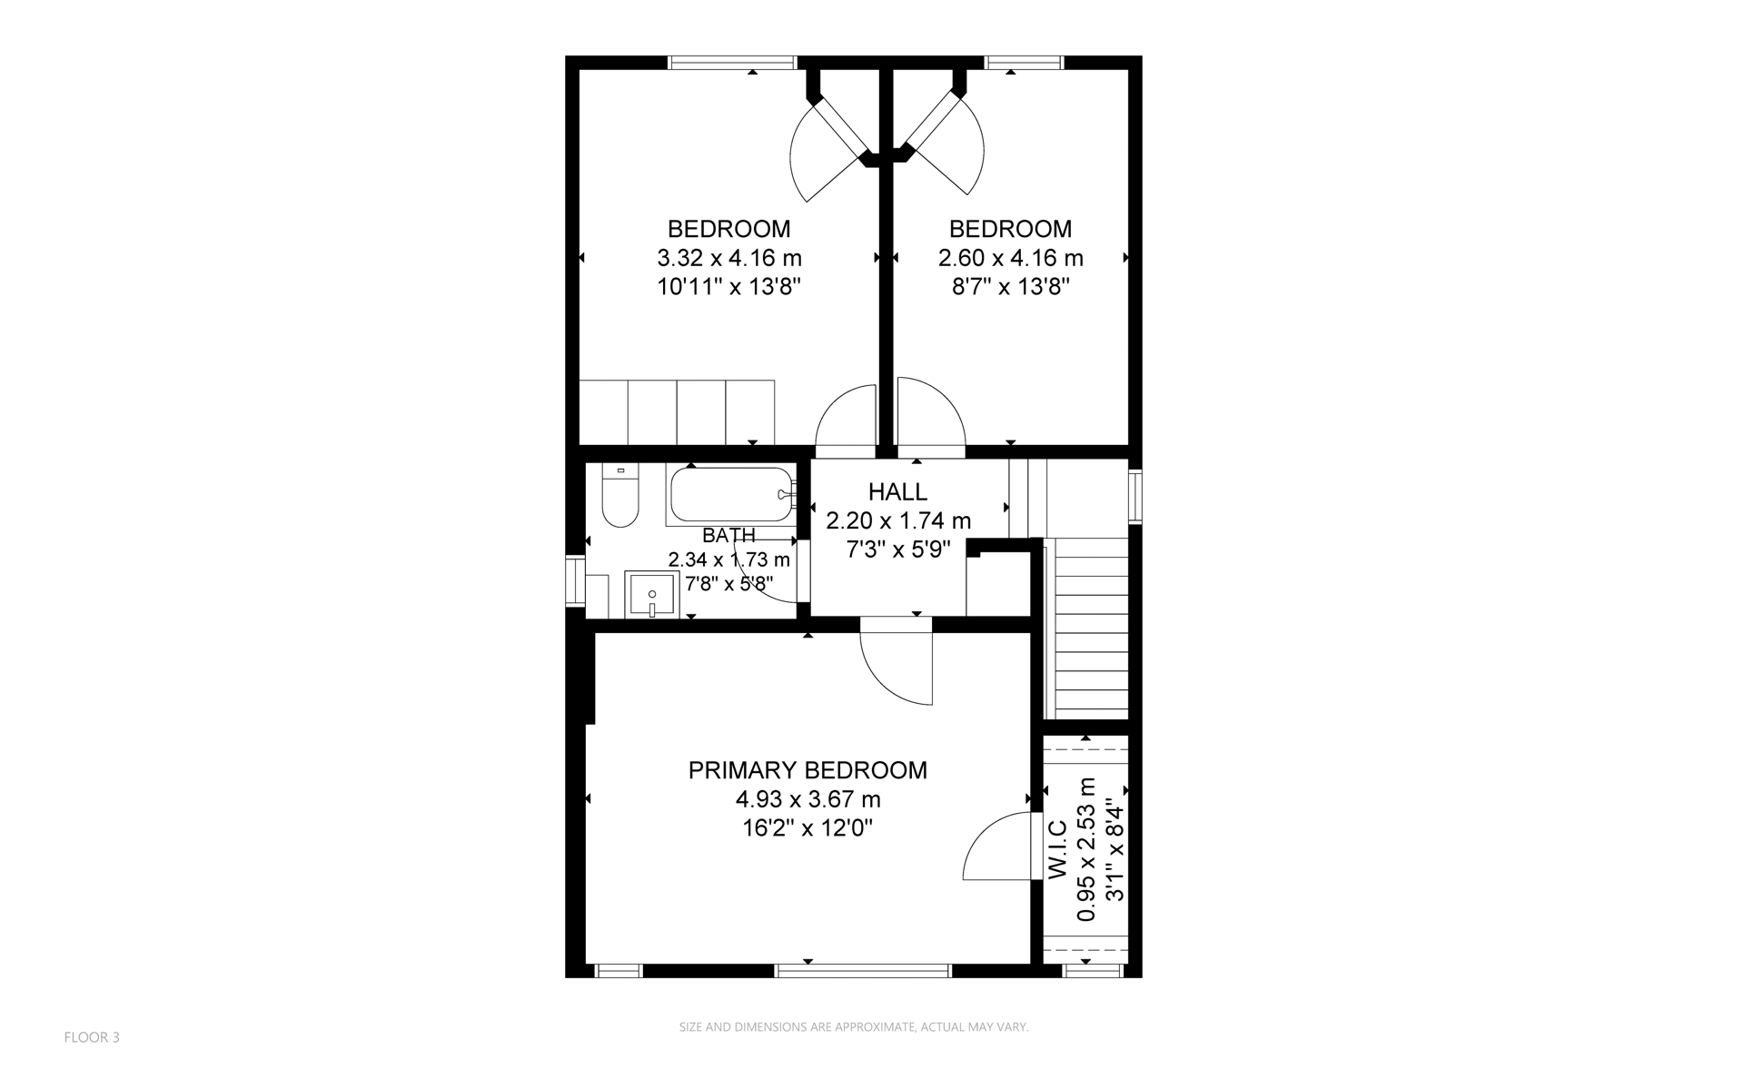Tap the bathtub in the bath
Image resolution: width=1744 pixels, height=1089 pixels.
(732, 495)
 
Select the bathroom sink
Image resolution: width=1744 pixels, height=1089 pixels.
(651, 593)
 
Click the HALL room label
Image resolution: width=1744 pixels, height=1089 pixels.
(897, 492)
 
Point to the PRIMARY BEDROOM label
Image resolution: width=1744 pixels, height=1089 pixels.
(808, 770)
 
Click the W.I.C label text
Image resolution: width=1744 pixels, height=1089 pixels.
(1057, 849)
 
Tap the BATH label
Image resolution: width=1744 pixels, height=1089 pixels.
(728, 536)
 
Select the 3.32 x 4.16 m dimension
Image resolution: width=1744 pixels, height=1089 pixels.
(729, 259)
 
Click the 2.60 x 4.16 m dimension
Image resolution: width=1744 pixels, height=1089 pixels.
(1011, 259)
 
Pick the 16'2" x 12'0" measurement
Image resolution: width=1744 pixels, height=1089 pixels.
(808, 828)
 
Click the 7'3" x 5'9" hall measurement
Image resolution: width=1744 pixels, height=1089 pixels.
(898, 549)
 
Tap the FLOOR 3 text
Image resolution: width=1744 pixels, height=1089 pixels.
(92, 1037)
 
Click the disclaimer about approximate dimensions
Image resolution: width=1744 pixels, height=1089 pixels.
(854, 1027)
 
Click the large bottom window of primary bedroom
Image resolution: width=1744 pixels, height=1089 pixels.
(862, 971)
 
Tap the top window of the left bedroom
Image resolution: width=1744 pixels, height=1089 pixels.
(732, 63)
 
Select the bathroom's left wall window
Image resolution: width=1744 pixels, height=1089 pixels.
(575, 580)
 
